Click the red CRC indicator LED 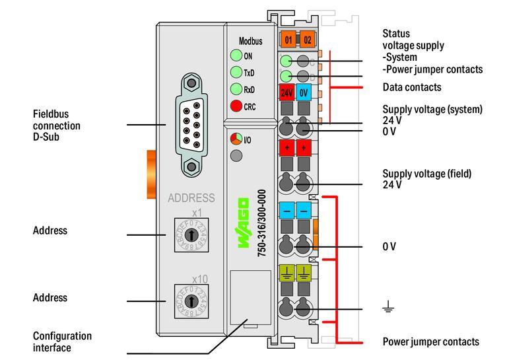[x=236, y=106]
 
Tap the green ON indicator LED [x=236, y=56]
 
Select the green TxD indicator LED [x=236, y=73]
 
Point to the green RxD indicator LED [x=236, y=89]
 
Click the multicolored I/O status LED [x=236, y=139]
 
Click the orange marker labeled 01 [x=288, y=40]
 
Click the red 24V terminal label [x=287, y=92]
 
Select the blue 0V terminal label [x=304, y=92]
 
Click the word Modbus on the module [x=250, y=41]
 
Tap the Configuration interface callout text [x=62, y=342]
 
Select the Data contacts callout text [x=412, y=87]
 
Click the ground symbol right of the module [x=389, y=306]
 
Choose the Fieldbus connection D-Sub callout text [x=57, y=126]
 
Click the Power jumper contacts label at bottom [x=430, y=342]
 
